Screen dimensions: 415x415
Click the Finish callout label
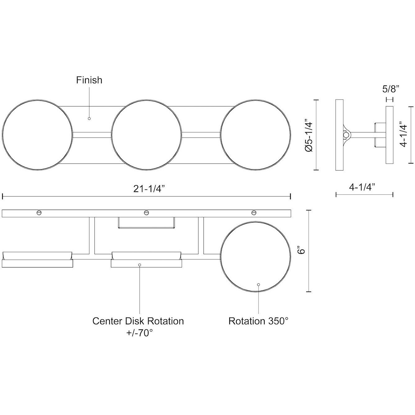tap(89, 80)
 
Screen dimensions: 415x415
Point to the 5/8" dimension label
tap(390, 89)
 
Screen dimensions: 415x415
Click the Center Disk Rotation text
tap(138, 321)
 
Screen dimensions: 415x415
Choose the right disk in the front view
tap(256, 135)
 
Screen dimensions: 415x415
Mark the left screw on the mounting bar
tap(39, 213)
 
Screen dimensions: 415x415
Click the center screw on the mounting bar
tap(146, 213)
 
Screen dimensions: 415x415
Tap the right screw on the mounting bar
tap(254, 213)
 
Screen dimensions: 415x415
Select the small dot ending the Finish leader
tap(89, 118)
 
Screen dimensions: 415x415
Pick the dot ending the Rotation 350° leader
tap(258, 284)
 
